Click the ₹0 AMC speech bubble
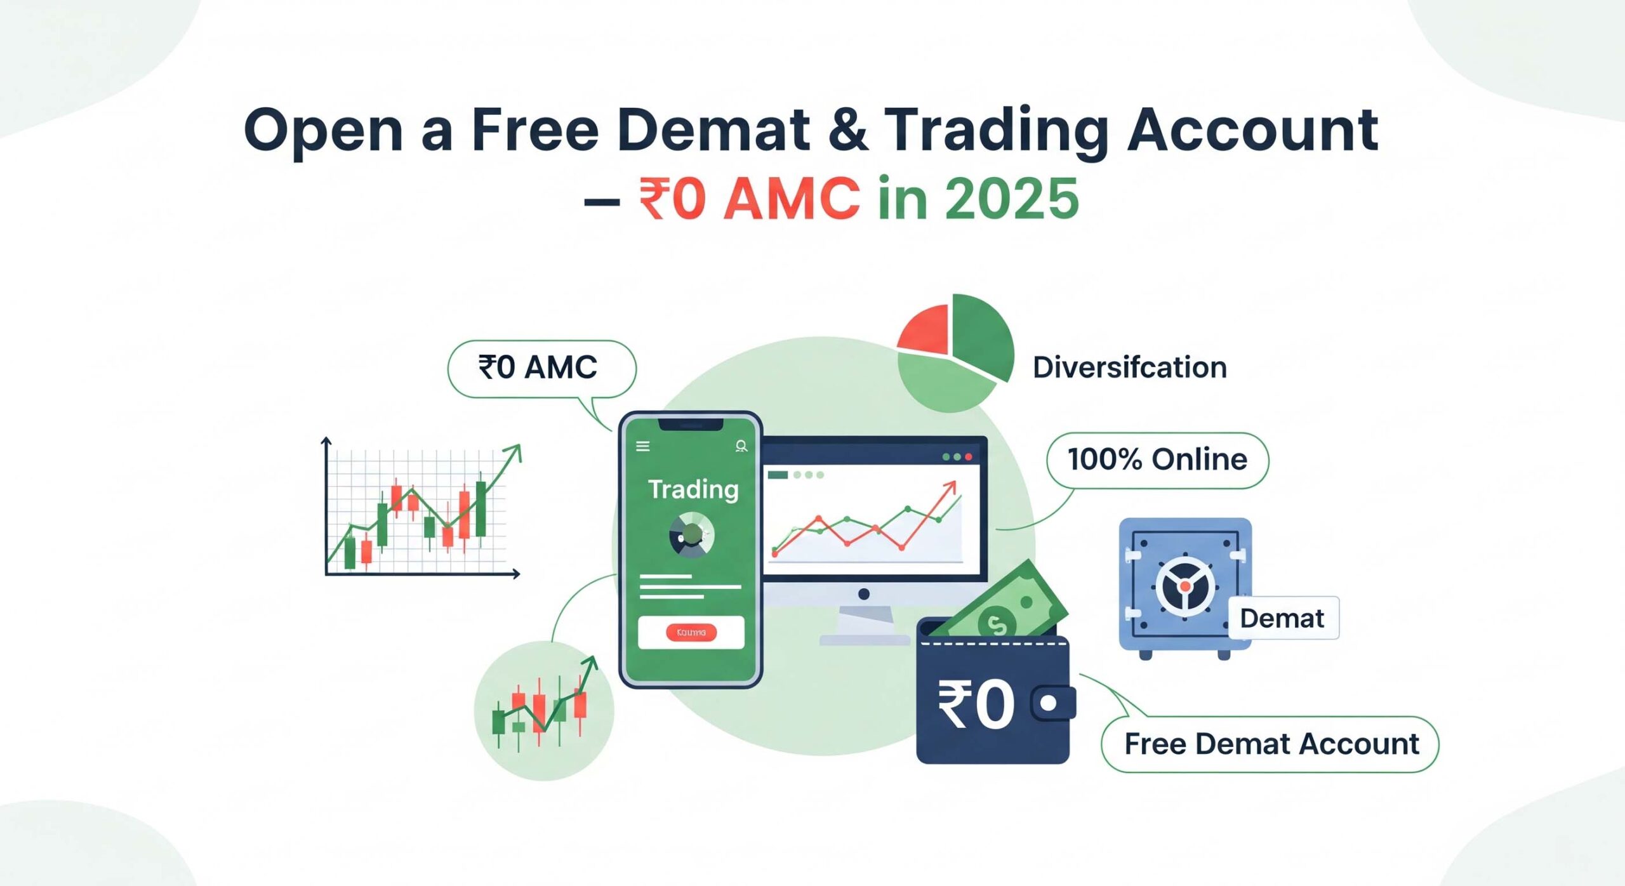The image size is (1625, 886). click(541, 368)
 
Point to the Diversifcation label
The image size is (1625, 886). click(1129, 367)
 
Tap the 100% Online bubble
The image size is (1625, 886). click(1157, 460)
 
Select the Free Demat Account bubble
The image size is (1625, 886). click(1271, 744)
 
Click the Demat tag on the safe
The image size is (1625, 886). click(1282, 618)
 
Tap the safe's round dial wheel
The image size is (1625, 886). click(1184, 586)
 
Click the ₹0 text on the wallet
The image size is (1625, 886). click(976, 704)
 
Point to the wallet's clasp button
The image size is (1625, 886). click(1049, 703)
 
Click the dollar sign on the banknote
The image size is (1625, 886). click(997, 625)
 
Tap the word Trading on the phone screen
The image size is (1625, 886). click(693, 489)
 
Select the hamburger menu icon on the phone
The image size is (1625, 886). click(643, 446)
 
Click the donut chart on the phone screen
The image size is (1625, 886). click(691, 536)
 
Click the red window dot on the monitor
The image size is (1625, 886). click(969, 457)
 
